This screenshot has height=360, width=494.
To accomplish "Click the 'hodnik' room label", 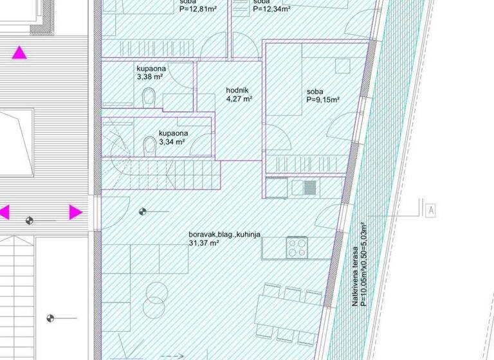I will (237, 91).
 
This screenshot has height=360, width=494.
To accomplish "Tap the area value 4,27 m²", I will (239, 100).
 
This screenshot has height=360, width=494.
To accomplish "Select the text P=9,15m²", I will (322, 100).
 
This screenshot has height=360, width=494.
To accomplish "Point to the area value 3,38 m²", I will (149, 76).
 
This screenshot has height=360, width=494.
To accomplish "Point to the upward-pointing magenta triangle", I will (21, 53).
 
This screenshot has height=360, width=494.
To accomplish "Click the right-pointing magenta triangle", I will (75, 212).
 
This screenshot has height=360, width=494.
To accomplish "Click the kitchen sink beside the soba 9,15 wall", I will (309, 187).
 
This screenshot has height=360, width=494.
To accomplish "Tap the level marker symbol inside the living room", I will (142, 211).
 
